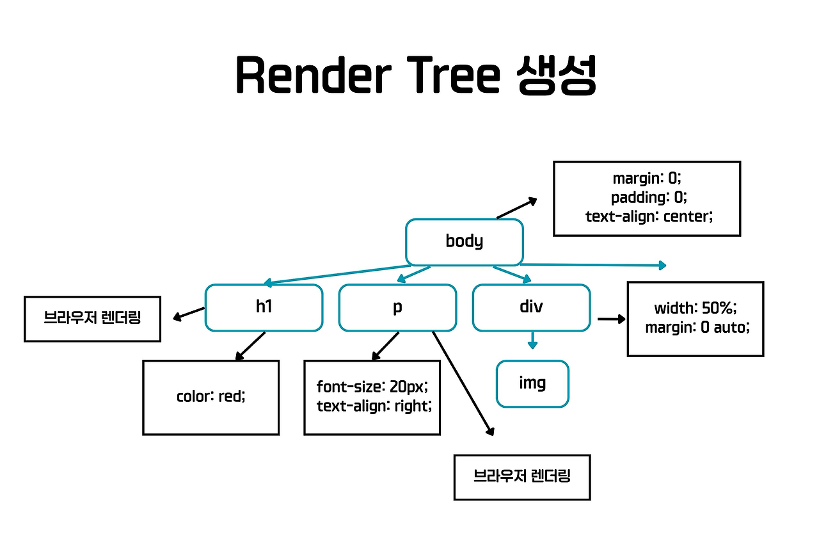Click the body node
pyautogui.click(x=465, y=242)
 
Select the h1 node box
pyautogui.click(x=264, y=307)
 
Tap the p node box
pyautogui.click(x=397, y=307)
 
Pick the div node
pyautogui.click(x=531, y=307)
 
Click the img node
pyautogui.click(x=532, y=383)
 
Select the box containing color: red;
pyautogui.click(x=211, y=397)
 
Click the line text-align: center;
pyautogui.click(x=648, y=216)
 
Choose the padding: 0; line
pyautogui.click(x=648, y=197)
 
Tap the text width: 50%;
pyautogui.click(x=695, y=308)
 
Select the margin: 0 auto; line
pyautogui.click(x=696, y=328)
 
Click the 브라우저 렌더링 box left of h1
pyautogui.click(x=92, y=318)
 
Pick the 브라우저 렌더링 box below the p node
pyautogui.click(x=521, y=476)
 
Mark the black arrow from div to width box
pyautogui.click(x=611, y=318)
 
